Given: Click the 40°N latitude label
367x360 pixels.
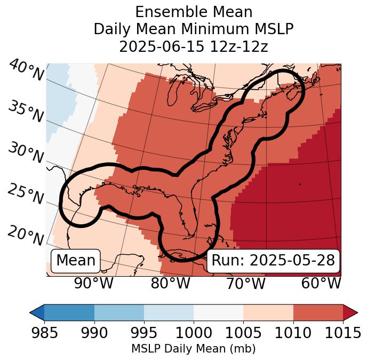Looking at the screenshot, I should point(26,71).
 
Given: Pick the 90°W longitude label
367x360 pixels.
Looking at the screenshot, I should point(94,284).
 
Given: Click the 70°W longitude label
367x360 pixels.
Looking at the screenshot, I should point(245,284).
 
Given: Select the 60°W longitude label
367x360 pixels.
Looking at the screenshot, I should point(321,284).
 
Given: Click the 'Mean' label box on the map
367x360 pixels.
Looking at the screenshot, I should point(76,261).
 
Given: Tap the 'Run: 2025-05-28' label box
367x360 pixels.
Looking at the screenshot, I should point(273,261).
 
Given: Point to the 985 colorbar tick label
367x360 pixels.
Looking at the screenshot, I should point(44,333).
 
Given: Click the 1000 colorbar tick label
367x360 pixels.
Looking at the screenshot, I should point(193,333).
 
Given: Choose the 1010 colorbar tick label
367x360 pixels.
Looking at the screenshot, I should point(293,333).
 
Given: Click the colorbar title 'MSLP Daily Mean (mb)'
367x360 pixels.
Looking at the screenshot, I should point(193,349).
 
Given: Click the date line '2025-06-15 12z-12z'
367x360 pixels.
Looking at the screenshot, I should point(193,46).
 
